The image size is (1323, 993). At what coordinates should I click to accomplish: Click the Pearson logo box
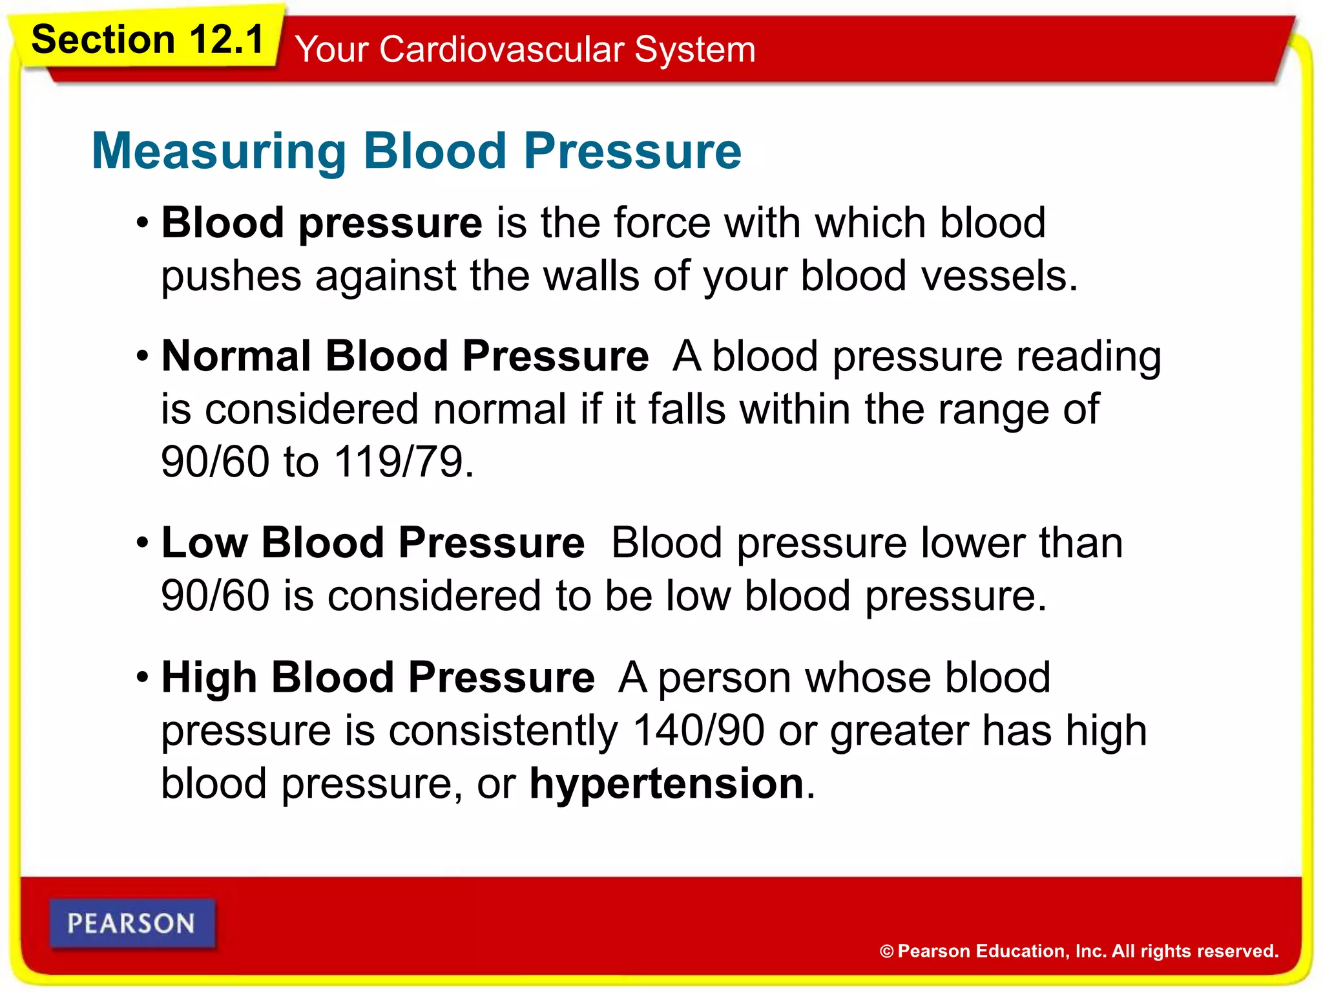tap(132, 924)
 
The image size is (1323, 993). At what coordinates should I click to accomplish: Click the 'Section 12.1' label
tap(148, 40)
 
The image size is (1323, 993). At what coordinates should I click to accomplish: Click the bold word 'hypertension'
tap(666, 784)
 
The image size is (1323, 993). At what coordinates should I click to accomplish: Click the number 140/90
tap(698, 731)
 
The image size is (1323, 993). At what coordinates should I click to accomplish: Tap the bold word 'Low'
tap(204, 542)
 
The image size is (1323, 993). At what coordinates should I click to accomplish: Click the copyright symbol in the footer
tap(886, 952)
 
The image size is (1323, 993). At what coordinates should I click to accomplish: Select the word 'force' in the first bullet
tap(661, 223)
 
